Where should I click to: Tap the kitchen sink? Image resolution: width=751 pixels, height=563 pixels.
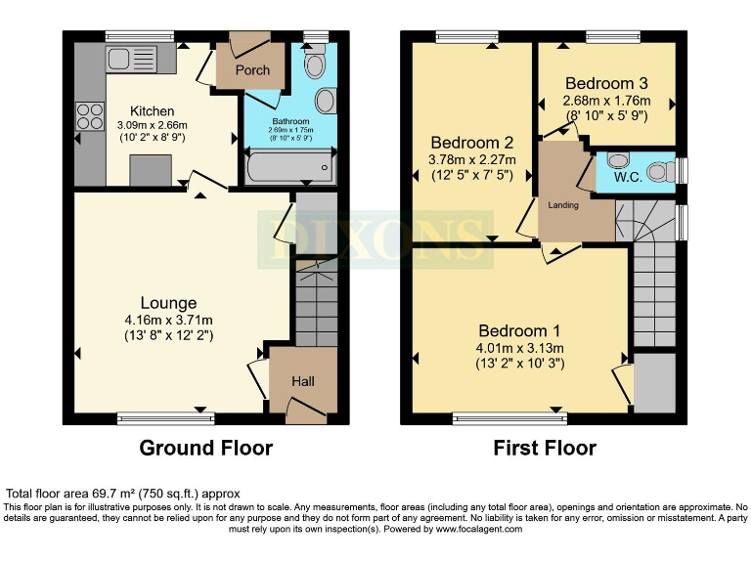pyautogui.click(x=125, y=58)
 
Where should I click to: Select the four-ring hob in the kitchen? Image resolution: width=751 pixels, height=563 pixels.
pyautogui.click(x=90, y=116)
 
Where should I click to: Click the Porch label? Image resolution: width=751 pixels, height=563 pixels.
pyautogui.click(x=251, y=70)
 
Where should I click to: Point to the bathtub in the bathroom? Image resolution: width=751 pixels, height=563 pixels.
pyautogui.click(x=288, y=167)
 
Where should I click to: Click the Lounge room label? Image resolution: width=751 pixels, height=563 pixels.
pyautogui.click(x=168, y=303)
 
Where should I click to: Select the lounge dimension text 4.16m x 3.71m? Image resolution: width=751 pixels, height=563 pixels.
pyautogui.click(x=167, y=320)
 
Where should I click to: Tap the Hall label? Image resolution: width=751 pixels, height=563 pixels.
pyautogui.click(x=302, y=381)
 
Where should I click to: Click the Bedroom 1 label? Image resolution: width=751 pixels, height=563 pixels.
pyautogui.click(x=519, y=330)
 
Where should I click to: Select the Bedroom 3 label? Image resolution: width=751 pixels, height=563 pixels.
pyautogui.click(x=606, y=84)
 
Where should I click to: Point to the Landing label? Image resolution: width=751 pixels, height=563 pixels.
pyautogui.click(x=563, y=205)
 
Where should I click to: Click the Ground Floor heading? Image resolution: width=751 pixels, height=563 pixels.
pyautogui.click(x=205, y=448)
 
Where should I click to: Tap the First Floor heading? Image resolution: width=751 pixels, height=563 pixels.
pyautogui.click(x=545, y=448)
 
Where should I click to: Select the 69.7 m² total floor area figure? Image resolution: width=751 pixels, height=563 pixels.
pyautogui.click(x=108, y=494)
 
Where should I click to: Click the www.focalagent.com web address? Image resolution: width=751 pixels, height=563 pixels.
pyautogui.click(x=466, y=529)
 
